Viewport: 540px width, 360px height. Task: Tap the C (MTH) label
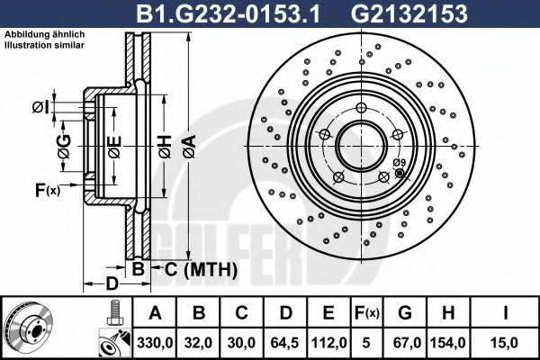click(194, 269)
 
